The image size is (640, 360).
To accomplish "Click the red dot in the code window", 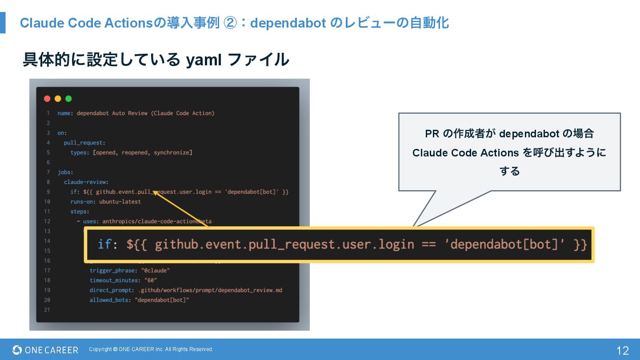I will [47, 99].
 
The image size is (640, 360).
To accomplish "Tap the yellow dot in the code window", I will [58, 99].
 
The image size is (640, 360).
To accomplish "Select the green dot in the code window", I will [68, 99].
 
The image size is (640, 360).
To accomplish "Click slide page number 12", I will [623, 351].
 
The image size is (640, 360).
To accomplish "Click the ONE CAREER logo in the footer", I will [45, 350].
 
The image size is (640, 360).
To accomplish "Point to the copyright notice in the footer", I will [151, 349].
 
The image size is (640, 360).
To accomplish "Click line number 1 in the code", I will [48, 113].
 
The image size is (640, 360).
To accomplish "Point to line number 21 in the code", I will [47, 310].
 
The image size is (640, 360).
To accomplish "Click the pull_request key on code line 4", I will [83, 143].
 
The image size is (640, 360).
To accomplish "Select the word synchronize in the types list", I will [172, 152].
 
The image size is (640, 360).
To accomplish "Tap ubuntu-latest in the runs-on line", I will [120, 202].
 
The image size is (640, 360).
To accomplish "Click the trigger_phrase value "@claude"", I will [156, 271].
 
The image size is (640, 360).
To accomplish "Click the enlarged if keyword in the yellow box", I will [104, 244].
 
